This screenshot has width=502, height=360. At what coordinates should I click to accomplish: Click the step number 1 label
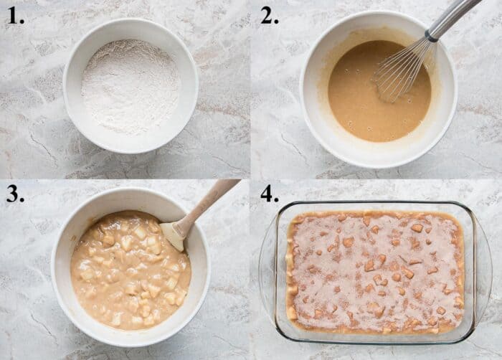pyautogui.click(x=16, y=16)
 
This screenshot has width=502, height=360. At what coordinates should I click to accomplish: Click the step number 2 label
pyautogui.click(x=269, y=16)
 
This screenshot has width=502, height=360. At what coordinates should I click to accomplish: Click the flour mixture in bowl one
pyautogui.click(x=131, y=87)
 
